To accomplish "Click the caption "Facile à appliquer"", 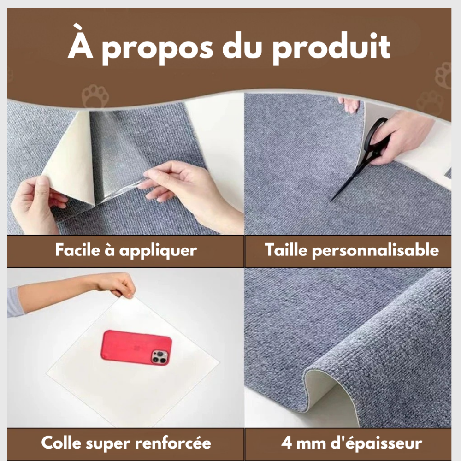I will coord(126,250).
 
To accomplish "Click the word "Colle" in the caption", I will coord(62,443).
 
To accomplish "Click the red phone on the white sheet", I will coord(136,347).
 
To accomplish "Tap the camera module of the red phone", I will coord(159,356).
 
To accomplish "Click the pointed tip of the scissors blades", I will coord(332,201).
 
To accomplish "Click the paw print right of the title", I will coord(444,75).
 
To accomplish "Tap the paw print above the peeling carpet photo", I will coord(94,95).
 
